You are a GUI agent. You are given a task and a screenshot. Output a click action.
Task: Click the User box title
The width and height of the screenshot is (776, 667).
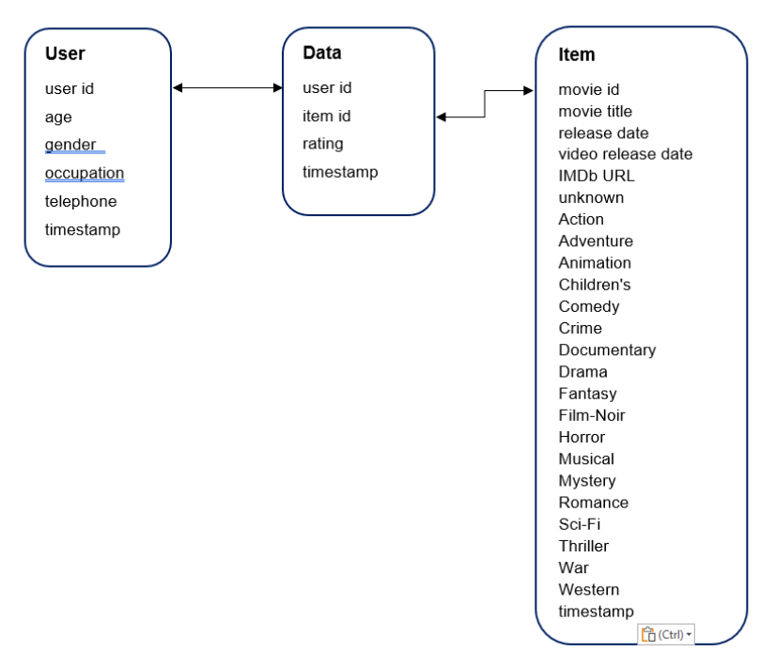65,54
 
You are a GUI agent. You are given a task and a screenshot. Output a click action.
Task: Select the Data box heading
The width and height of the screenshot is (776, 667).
321,53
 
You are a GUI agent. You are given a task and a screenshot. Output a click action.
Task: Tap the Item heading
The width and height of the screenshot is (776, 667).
576,54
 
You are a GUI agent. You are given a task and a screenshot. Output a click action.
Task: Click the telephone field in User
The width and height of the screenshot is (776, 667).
81,201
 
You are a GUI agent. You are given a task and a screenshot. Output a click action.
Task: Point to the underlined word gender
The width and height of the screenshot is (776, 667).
70,145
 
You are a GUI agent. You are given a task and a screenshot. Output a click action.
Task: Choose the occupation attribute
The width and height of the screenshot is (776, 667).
85,173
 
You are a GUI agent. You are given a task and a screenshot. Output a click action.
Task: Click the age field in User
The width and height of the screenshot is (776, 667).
58,116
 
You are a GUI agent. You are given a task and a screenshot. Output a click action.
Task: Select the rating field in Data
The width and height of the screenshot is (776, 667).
322,144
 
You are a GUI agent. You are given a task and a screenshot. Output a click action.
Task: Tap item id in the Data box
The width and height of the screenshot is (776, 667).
326,116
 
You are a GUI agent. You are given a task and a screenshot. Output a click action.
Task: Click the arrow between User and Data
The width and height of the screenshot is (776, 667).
227,88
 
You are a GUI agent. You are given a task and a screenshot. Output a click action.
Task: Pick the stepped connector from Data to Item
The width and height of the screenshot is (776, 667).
485,104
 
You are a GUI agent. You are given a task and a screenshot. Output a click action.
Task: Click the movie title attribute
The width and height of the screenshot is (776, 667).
595,111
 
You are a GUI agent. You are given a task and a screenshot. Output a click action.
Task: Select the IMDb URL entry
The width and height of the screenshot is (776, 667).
596,176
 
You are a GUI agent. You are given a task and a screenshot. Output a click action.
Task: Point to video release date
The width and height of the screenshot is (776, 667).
625,154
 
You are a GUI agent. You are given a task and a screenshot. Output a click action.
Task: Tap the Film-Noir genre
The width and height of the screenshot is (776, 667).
591,415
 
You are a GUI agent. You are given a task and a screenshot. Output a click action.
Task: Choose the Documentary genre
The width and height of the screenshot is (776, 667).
607,349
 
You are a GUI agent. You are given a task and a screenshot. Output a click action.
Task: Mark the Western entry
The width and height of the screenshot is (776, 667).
588,589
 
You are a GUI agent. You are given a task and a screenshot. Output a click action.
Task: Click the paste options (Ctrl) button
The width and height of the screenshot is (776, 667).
666,635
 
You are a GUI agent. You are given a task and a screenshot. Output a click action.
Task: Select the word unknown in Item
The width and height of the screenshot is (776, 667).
591,197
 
